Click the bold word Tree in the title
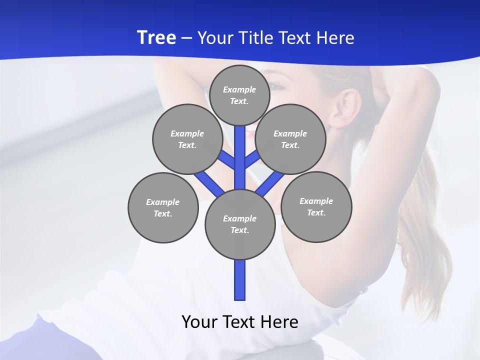coord(156,37)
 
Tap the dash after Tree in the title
coord(187,38)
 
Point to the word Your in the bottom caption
coord(199,322)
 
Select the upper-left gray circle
coord(187,139)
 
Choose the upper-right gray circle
coord(290,139)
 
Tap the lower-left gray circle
coord(162,207)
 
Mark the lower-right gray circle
coord(316,206)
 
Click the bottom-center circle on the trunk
coord(240,224)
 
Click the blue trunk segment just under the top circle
coord(240,145)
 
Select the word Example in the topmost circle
coord(239,89)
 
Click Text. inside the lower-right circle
coord(316,212)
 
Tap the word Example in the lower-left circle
coord(162,202)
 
